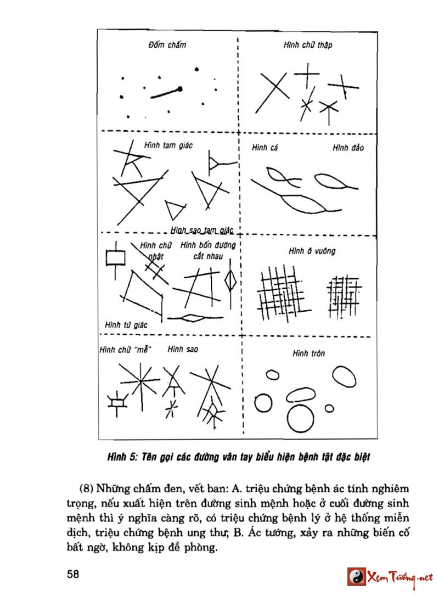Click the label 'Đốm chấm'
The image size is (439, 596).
pos(167,45)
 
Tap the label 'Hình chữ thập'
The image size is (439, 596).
pos(308,45)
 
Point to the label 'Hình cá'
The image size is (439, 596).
pos(264,148)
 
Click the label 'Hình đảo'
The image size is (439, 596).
pos(348,148)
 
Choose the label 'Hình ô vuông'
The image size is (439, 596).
pos(312,251)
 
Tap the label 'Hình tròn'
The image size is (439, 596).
pos(309,353)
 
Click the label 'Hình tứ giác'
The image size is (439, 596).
pos(126,325)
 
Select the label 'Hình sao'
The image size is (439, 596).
pos(183,349)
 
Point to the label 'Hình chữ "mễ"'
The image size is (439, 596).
pos(125,349)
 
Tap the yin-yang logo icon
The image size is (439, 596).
pos(356,576)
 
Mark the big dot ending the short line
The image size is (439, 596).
pos(179,88)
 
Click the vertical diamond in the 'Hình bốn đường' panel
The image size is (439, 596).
pos(230,280)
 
